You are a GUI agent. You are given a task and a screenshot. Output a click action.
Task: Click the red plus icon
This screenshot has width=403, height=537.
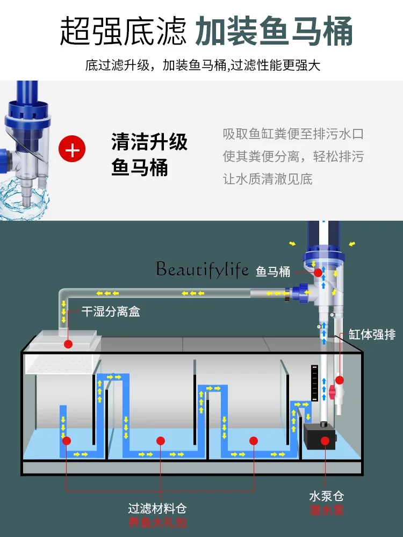point(71,150)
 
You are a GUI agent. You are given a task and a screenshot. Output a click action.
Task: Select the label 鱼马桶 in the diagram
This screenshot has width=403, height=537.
point(274,272)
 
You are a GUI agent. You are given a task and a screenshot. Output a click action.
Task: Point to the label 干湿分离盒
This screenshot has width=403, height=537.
point(111,311)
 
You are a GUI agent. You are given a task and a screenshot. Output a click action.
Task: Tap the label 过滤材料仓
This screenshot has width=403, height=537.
point(157,508)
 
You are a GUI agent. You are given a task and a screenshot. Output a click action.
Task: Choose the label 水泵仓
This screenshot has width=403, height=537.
point(325,495)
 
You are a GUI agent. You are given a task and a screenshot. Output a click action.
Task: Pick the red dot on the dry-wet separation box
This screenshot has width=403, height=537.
point(68,343)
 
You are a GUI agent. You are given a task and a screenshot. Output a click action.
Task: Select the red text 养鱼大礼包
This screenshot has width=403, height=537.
point(157,523)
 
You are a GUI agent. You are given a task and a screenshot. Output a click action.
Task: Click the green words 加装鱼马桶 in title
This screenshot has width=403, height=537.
point(274,31)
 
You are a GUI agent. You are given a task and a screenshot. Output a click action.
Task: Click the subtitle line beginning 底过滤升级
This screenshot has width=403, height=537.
point(203,66)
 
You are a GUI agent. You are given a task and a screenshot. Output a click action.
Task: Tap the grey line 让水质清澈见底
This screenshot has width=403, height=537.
point(268,179)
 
